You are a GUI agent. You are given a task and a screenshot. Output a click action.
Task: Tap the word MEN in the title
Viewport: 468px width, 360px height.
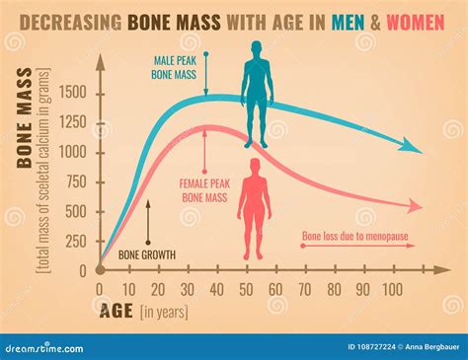(x=347, y=22)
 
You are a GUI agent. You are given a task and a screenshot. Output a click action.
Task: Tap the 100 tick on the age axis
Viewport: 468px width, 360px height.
(x=391, y=288)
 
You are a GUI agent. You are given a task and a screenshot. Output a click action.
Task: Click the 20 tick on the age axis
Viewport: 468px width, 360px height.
(x=157, y=288)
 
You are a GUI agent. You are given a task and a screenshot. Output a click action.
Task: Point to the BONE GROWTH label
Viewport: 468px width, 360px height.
(x=147, y=255)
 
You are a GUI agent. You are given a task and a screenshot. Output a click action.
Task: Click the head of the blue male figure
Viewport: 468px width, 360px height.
(x=256, y=49)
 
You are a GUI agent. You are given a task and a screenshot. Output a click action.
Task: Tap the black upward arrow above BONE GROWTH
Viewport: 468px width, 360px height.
(x=147, y=220)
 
